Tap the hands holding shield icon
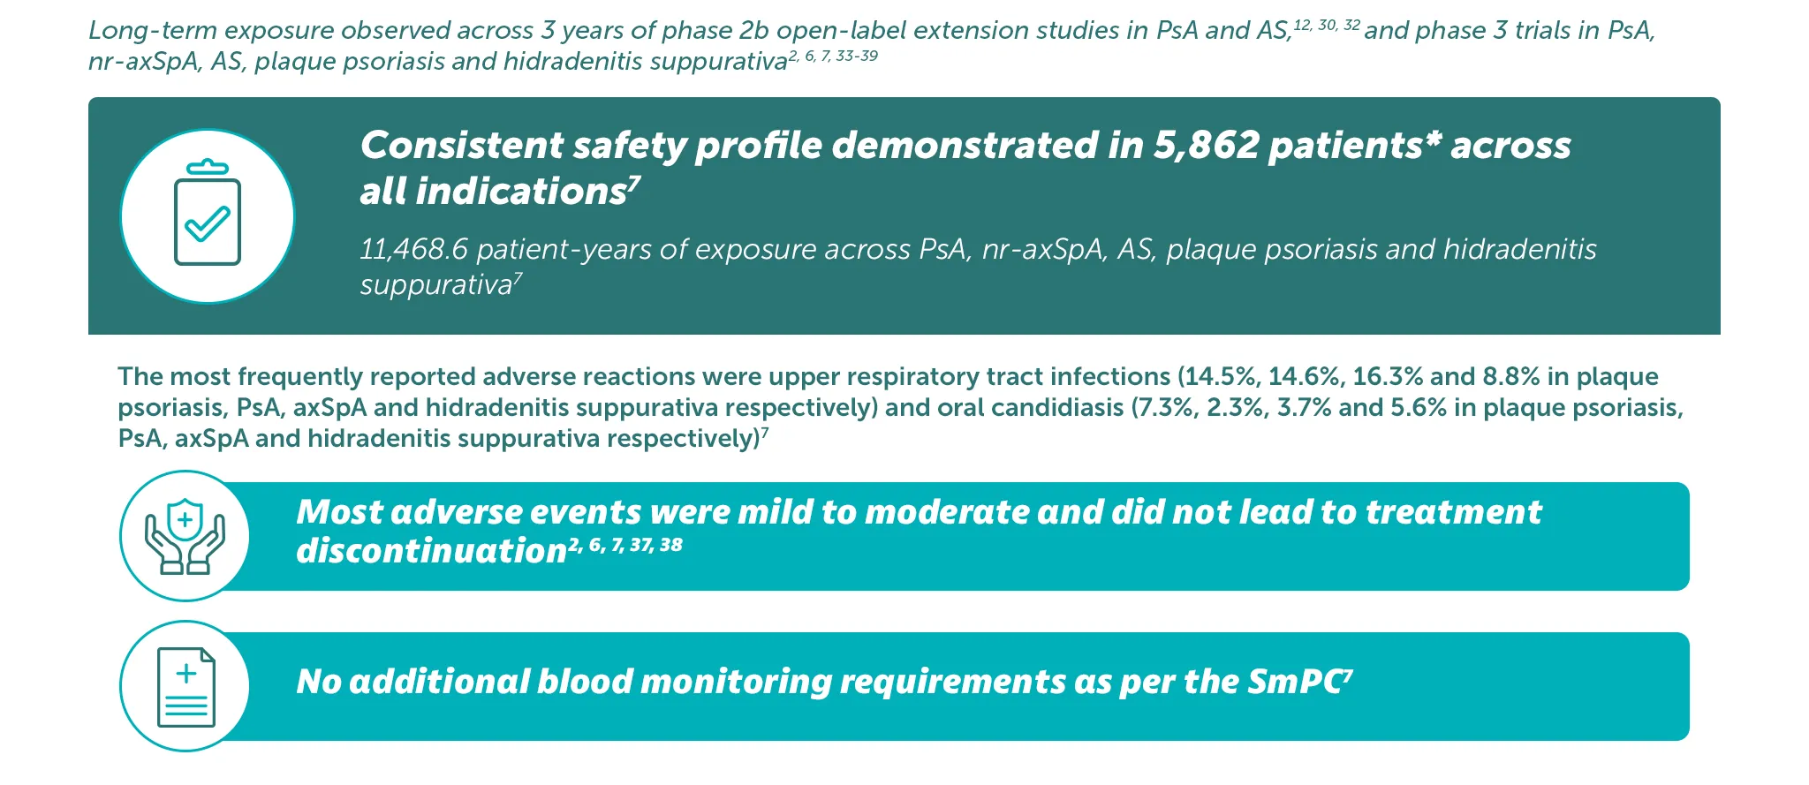[185, 536]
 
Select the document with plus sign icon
[185, 687]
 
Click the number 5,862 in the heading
[1206, 146]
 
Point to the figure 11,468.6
[413, 250]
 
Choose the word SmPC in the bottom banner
[1295, 682]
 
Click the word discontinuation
[431, 551]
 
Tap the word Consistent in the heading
[462, 146]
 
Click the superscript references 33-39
[857, 57]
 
